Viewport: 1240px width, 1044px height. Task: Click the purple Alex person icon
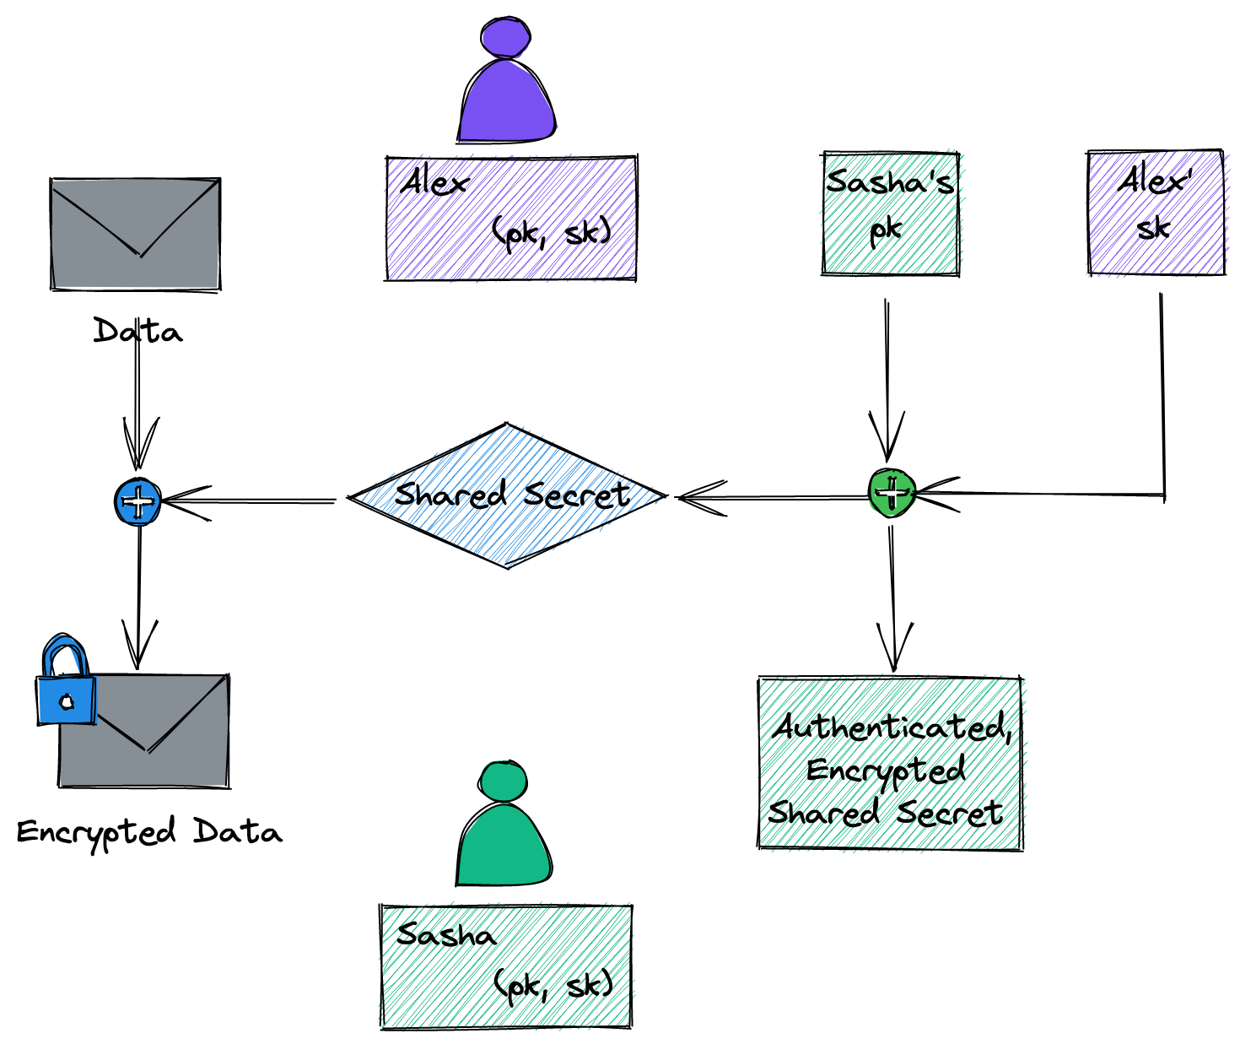[x=506, y=84]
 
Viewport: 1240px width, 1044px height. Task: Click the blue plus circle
[x=138, y=501]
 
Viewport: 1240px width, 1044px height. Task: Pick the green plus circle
[x=892, y=493]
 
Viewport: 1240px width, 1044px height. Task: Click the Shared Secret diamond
[x=509, y=496]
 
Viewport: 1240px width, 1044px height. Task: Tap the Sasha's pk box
[x=890, y=214]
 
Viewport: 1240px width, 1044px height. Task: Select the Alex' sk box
[x=1155, y=213]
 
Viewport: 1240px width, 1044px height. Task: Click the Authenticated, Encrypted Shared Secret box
[x=890, y=763]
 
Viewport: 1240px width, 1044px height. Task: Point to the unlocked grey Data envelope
[x=135, y=234]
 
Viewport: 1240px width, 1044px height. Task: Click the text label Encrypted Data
[x=149, y=832]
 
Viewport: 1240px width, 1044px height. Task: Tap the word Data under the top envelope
[x=137, y=331]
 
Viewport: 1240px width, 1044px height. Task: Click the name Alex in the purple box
[x=434, y=182]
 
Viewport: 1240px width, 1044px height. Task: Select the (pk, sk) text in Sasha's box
[x=553, y=985]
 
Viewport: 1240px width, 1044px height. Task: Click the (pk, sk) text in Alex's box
[x=552, y=232]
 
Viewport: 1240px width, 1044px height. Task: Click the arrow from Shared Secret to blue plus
[x=253, y=501]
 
